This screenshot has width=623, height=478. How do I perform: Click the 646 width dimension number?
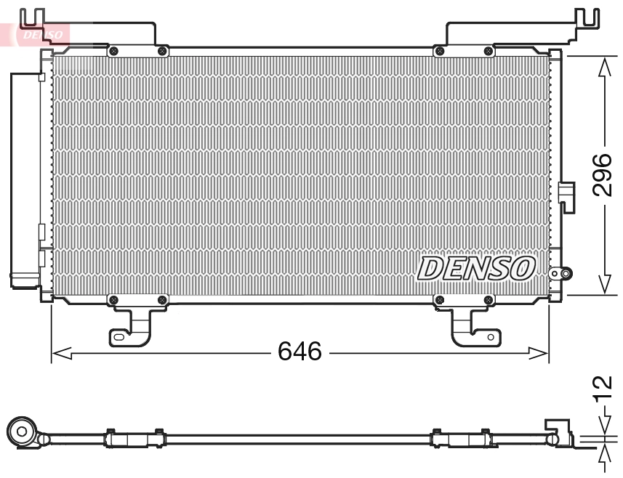pyautogui.click(x=300, y=352)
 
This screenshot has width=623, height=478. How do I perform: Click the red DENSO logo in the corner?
pyautogui.click(x=40, y=33)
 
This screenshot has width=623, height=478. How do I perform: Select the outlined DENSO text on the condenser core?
pyautogui.click(x=476, y=269)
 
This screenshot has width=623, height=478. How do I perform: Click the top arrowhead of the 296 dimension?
pyautogui.click(x=603, y=66)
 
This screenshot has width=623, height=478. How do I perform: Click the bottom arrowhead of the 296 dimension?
pyautogui.click(x=603, y=285)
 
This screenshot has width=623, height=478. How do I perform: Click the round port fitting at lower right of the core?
pyautogui.click(x=560, y=274)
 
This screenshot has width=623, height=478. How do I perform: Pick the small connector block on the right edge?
pyautogui.click(x=566, y=195)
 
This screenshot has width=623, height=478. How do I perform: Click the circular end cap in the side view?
pyautogui.click(x=23, y=433)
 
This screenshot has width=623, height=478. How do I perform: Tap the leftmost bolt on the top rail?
pyautogui.click(x=113, y=51)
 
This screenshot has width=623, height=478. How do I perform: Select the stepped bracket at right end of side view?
pyautogui.click(x=558, y=430)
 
